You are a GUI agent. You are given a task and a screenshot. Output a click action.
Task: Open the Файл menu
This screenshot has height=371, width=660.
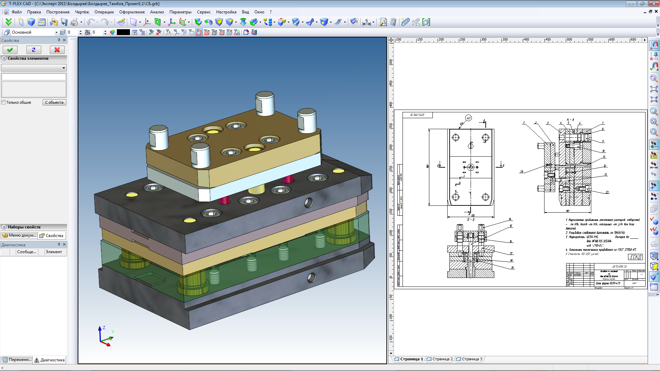(x=16, y=12)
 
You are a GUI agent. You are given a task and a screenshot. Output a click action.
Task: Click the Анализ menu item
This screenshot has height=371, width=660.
(x=157, y=12)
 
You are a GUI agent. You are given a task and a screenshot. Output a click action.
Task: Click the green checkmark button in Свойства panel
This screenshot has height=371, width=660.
(x=10, y=50)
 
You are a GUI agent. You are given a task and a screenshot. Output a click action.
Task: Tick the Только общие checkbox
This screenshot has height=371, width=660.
(x=3, y=102)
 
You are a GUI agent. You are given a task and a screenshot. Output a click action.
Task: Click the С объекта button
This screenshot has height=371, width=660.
(x=54, y=102)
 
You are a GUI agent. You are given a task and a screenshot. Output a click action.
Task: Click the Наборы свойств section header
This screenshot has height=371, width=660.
(x=24, y=227)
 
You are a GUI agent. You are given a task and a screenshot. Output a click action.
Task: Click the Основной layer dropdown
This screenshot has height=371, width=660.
(x=34, y=32)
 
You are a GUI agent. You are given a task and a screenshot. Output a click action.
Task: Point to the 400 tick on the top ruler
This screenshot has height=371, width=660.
(x=526, y=40)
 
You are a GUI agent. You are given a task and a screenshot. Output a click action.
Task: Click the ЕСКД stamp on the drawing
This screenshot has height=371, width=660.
(x=635, y=257)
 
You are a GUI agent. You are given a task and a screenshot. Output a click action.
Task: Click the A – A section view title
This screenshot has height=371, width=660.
(x=570, y=120)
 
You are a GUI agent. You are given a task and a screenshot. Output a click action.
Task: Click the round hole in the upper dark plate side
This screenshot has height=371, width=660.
(x=308, y=203)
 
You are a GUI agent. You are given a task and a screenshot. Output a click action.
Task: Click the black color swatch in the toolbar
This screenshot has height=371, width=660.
(x=123, y=32)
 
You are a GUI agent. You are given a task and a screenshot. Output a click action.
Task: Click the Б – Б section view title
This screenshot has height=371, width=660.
(x=471, y=220)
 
